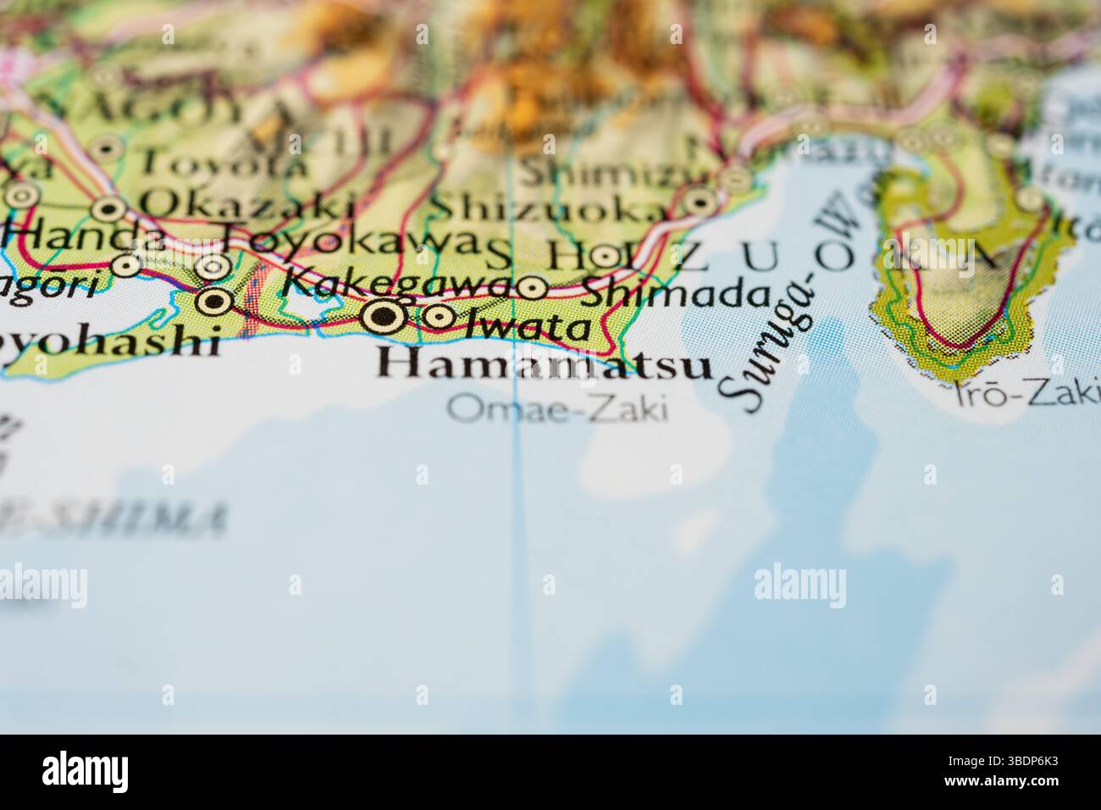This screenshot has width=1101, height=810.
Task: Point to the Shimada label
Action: click(x=675, y=294)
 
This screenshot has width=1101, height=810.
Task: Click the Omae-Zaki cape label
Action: click(x=557, y=409)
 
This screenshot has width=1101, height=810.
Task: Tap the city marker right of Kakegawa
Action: click(x=532, y=288)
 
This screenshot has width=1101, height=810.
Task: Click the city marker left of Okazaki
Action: click(x=108, y=207)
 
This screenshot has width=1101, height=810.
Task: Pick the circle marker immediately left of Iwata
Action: click(x=438, y=317)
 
